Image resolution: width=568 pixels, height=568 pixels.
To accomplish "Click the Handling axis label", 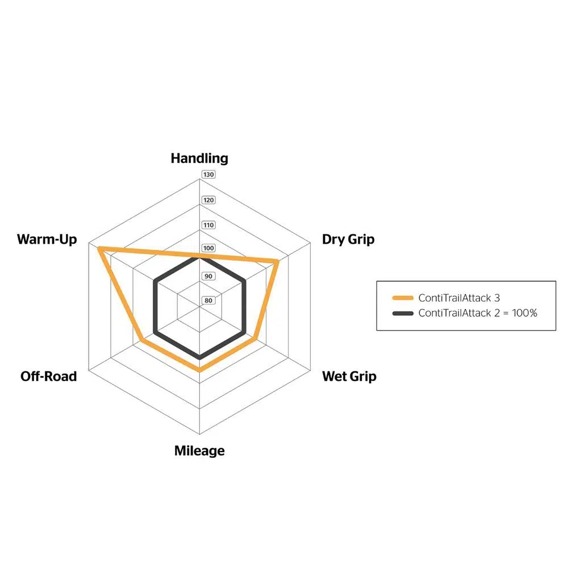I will [199, 158].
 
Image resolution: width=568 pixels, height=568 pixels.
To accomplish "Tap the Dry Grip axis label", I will [348, 239].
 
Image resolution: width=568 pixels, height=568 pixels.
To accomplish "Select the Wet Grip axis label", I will [349, 376].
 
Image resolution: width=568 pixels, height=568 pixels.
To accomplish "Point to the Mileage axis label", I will [199, 451].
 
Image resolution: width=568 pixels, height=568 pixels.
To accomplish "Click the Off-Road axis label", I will [48, 376].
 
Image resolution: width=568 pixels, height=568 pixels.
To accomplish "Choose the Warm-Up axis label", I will [47, 239].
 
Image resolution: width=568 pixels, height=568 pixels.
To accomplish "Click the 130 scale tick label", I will [208, 174].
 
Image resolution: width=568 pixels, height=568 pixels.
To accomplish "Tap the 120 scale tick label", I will [208, 200].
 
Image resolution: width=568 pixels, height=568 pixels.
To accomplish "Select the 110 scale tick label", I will [208, 225].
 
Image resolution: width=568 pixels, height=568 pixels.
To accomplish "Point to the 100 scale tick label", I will [208, 249].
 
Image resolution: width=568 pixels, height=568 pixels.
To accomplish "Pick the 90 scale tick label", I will [208, 277].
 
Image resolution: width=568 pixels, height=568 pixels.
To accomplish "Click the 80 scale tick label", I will [208, 300].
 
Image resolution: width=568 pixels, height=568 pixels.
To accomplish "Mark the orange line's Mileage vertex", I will [199, 370].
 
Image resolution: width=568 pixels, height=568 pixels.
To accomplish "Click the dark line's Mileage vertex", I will [199, 358].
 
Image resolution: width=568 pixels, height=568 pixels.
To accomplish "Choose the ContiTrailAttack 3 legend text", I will [459, 298].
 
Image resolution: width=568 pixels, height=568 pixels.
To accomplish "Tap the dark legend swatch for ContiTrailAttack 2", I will [402, 313].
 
